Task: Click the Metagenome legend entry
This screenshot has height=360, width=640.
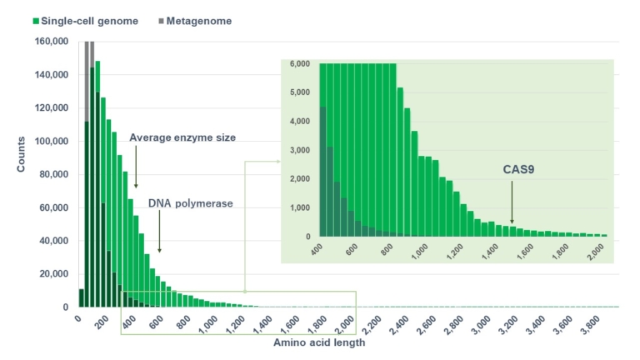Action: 197,20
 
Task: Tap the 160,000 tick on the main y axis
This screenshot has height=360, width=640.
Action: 51,41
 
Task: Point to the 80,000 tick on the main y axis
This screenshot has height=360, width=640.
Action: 53,174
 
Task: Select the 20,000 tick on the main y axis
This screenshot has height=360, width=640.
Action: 53,274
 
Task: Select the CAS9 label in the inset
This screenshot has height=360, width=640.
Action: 517,169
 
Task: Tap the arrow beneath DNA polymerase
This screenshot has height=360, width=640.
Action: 159,233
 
